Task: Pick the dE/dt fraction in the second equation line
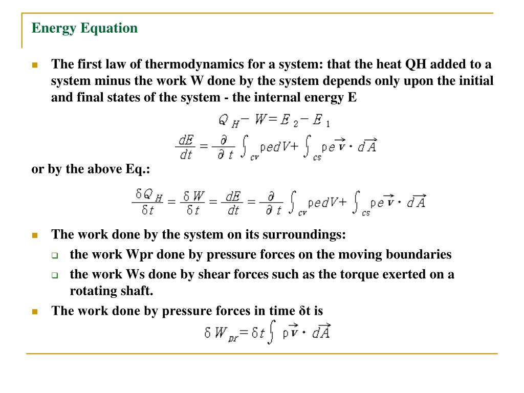[185, 147]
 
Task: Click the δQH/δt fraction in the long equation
[149, 202]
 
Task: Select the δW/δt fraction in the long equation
[193, 202]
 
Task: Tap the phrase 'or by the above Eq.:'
[91, 170]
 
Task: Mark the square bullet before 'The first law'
[35, 65]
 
